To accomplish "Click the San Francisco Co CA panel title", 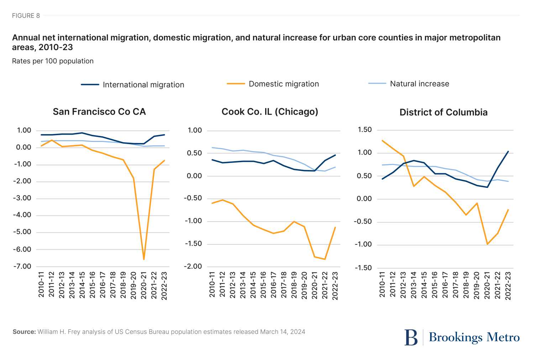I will [x=99, y=112].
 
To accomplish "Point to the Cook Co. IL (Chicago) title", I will [x=270, y=112].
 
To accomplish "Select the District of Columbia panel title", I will [x=443, y=112].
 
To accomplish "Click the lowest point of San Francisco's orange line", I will [x=144, y=259].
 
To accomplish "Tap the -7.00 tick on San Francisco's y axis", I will [x=22, y=266].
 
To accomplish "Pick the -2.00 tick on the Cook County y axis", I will [x=193, y=266].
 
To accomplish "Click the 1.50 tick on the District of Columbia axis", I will [x=364, y=130].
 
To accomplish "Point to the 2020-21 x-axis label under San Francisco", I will [x=144, y=286].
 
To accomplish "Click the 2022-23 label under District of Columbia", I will [x=508, y=286].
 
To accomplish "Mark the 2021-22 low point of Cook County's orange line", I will [x=325, y=259].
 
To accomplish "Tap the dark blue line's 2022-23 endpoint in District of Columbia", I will [x=508, y=152].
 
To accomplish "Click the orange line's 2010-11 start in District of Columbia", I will [x=382, y=141].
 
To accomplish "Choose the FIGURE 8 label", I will [x=26, y=16].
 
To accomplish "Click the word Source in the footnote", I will [x=24, y=332].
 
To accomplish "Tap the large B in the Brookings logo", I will [x=411, y=337].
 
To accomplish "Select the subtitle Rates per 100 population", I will [x=53, y=61].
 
